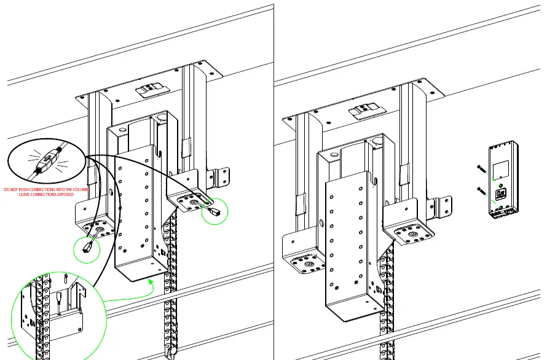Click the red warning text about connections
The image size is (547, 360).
[46, 192]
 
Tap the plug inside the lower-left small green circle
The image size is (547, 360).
[87, 248]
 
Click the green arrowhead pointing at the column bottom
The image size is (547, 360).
[151, 281]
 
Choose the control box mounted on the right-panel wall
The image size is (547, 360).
[502, 179]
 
